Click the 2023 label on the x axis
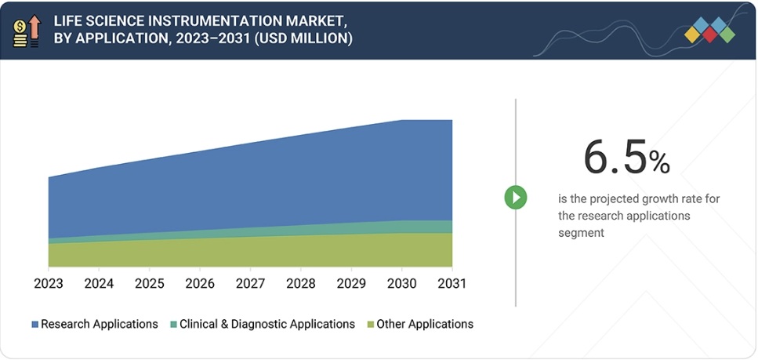(49, 283)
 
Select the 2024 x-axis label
(99, 283)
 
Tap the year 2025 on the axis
(150, 283)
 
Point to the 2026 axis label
(200, 283)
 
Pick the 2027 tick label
(250, 283)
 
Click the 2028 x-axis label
(301, 283)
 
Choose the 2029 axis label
(351, 283)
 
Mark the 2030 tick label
(402, 283)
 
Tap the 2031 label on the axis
(452, 283)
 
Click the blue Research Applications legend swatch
(34, 325)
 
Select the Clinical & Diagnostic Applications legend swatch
(173, 325)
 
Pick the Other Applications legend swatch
(370, 325)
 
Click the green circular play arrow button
(515, 197)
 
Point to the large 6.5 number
(615, 158)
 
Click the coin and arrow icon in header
(27, 30)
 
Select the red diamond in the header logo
(710, 35)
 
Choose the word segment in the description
(581, 232)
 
